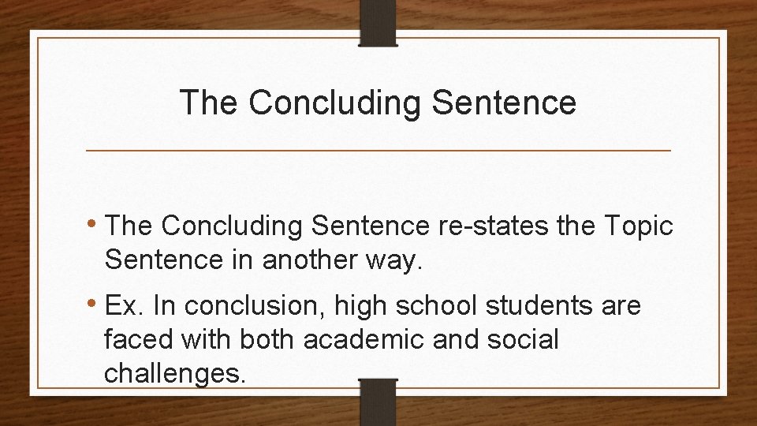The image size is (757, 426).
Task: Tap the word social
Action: coord(520,340)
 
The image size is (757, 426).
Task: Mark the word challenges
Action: coord(175,372)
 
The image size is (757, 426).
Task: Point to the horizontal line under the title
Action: coord(378,150)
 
